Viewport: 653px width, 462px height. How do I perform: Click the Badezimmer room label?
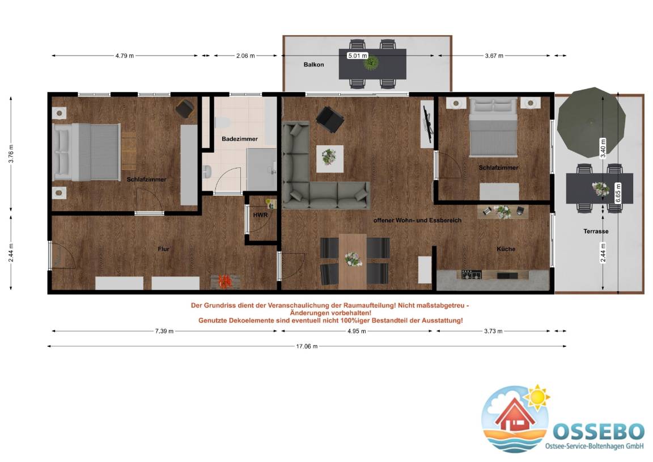pos(239,139)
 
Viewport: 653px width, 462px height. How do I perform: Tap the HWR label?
pos(260,215)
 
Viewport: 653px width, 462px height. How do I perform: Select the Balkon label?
pos(313,65)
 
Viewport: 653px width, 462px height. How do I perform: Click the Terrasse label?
pos(596,231)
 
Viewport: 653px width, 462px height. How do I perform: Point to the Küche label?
pos(506,249)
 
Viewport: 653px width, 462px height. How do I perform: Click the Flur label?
pos(163,249)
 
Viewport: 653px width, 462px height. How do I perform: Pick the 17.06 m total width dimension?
pos(307,346)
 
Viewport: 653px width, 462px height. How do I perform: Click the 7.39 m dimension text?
pos(164,331)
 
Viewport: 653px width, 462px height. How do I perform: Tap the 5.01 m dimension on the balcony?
pos(358,56)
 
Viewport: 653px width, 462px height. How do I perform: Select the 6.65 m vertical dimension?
pos(618,193)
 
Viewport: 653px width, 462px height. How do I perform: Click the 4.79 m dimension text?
pos(125,56)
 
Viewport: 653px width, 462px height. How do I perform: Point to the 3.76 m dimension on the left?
pos(11,154)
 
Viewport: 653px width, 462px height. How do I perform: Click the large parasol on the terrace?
pos(591,122)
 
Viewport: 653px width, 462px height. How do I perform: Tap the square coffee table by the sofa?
pos(330,158)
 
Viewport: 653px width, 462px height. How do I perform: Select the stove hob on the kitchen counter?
pos(472,274)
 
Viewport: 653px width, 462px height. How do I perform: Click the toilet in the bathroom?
pos(221,123)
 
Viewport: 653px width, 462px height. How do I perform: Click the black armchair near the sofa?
pos(330,119)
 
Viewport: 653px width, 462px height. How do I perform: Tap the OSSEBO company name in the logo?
pos(599,431)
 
